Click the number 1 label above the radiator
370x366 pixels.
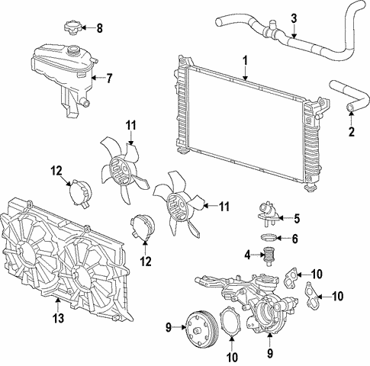[245, 60]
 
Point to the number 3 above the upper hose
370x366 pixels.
[294, 18]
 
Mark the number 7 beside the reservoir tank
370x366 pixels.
[109, 78]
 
